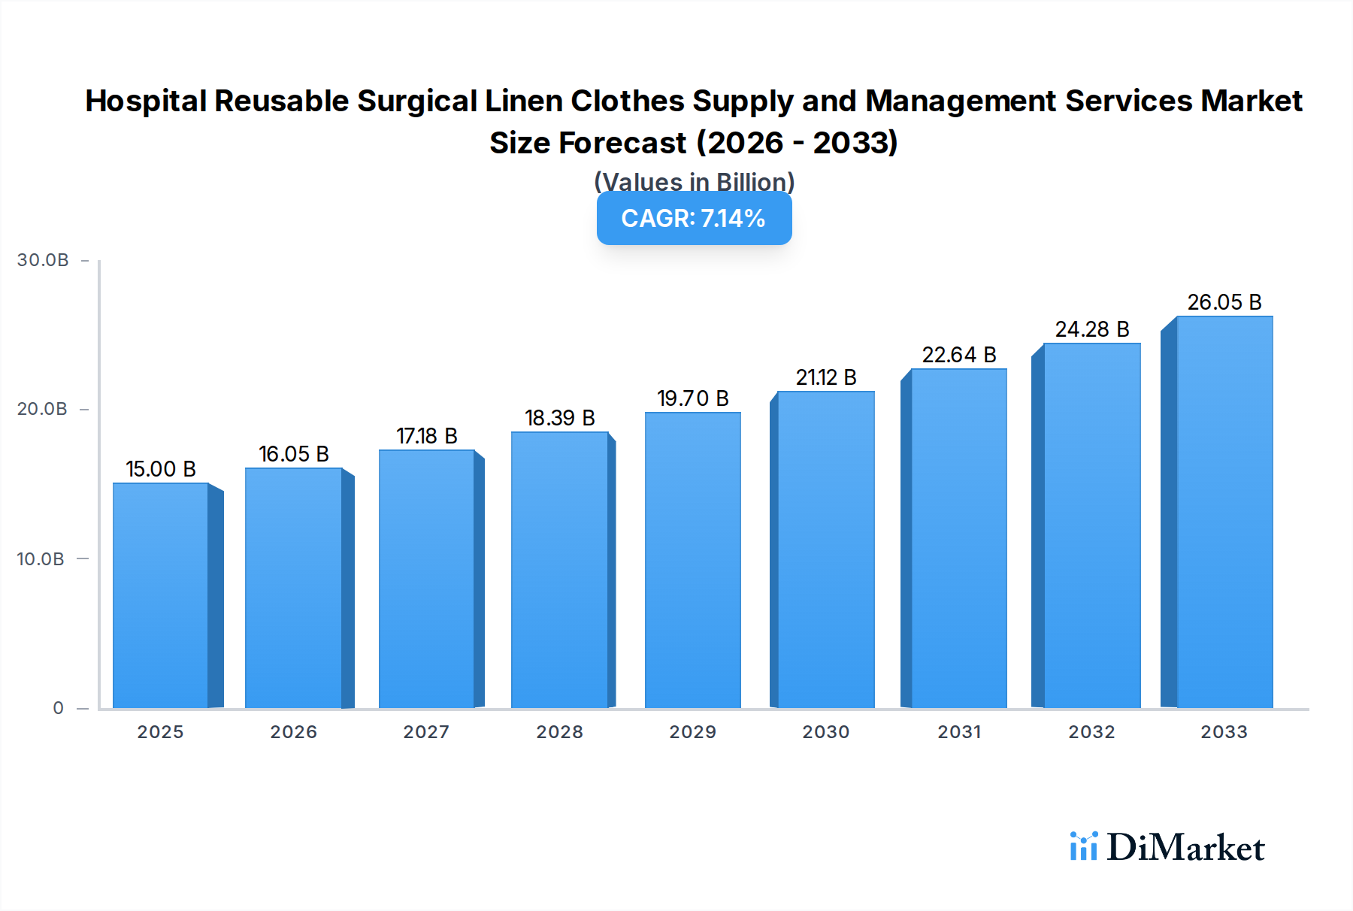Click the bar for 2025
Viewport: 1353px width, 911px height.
(160, 595)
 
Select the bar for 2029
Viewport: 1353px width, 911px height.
(692, 560)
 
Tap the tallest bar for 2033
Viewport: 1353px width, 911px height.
(1224, 512)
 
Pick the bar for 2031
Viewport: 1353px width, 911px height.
(958, 538)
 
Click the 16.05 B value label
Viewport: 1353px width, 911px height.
(294, 454)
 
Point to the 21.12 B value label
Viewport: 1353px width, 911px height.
(826, 377)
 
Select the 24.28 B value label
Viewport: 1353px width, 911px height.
(1092, 329)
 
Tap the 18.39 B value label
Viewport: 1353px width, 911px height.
(560, 418)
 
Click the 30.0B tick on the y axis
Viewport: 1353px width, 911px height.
(43, 260)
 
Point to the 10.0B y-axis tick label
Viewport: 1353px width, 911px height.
(41, 559)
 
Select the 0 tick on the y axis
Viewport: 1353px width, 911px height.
(58, 708)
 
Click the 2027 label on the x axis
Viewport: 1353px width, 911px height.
(426, 732)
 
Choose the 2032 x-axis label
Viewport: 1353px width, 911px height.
(1091, 732)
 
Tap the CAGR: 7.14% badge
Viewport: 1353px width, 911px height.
(694, 218)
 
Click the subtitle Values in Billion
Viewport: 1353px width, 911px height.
(694, 182)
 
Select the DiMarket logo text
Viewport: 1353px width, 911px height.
(1185, 848)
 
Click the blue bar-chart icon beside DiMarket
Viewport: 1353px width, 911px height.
(1083, 846)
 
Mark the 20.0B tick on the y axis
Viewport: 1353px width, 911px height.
(42, 409)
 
